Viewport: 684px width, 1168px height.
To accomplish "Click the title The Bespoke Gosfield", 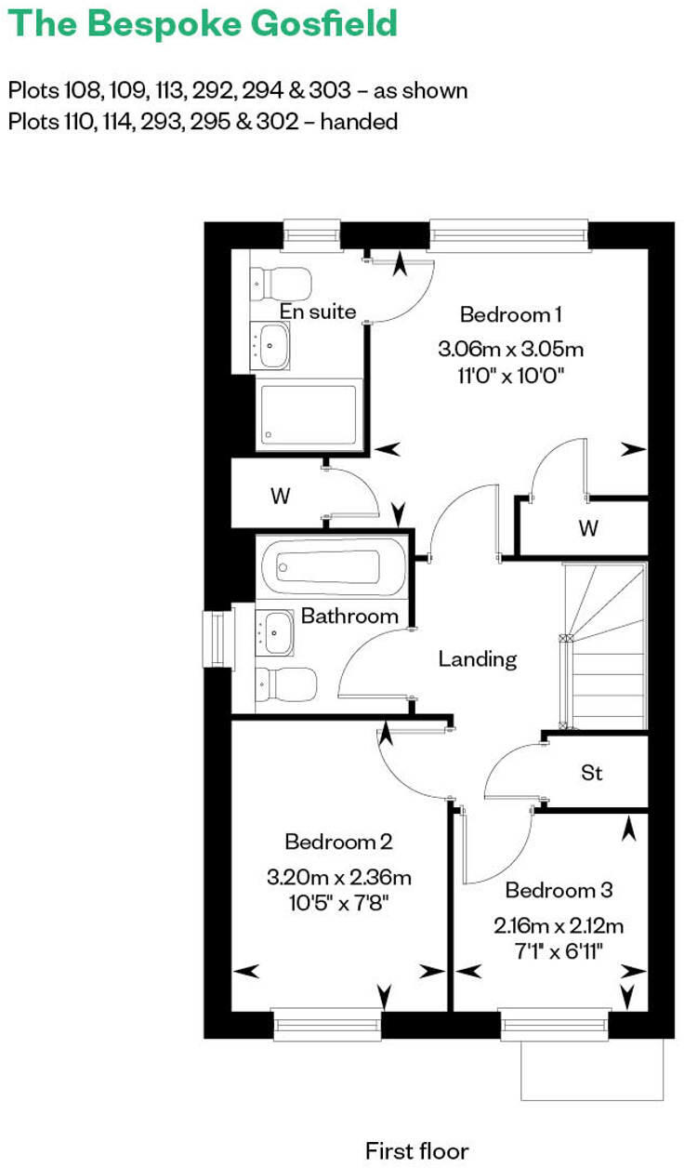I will [x=203, y=24].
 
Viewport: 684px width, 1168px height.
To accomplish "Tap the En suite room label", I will [x=319, y=312].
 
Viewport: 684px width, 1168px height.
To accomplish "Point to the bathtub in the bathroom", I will [x=333, y=565].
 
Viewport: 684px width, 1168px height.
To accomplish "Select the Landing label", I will [x=477, y=659].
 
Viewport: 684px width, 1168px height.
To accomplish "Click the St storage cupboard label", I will [x=591, y=772].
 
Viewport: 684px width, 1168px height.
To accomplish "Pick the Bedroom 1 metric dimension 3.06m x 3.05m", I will [x=510, y=350].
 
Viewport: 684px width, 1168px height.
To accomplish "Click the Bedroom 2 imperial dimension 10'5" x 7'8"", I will [x=338, y=902].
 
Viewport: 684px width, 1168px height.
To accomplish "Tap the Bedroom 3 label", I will [x=559, y=891].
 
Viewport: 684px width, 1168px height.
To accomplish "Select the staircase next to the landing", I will [x=606, y=646].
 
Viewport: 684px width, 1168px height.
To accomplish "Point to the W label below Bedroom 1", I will [x=587, y=528].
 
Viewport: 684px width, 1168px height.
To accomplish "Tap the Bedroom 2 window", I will [x=328, y=1025].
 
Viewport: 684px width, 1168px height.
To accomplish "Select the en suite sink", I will [x=272, y=346].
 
